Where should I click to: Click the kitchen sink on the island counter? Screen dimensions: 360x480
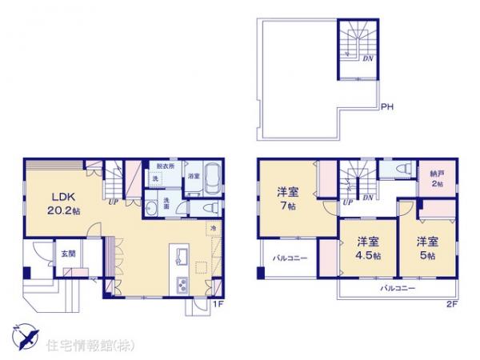180,259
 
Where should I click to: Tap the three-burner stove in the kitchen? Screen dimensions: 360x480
181,285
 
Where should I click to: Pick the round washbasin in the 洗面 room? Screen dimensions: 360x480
154,210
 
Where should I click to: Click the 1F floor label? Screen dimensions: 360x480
216,305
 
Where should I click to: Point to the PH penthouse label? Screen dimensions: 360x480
386,106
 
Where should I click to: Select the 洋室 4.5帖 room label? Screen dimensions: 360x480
368,248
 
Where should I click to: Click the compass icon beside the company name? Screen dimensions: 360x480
24,337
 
